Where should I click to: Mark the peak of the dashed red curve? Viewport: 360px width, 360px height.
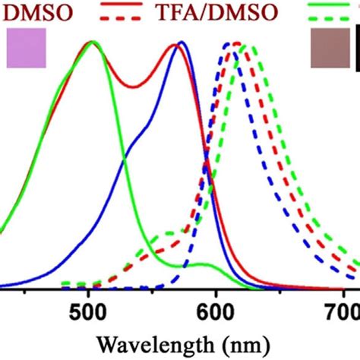click(237, 43)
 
